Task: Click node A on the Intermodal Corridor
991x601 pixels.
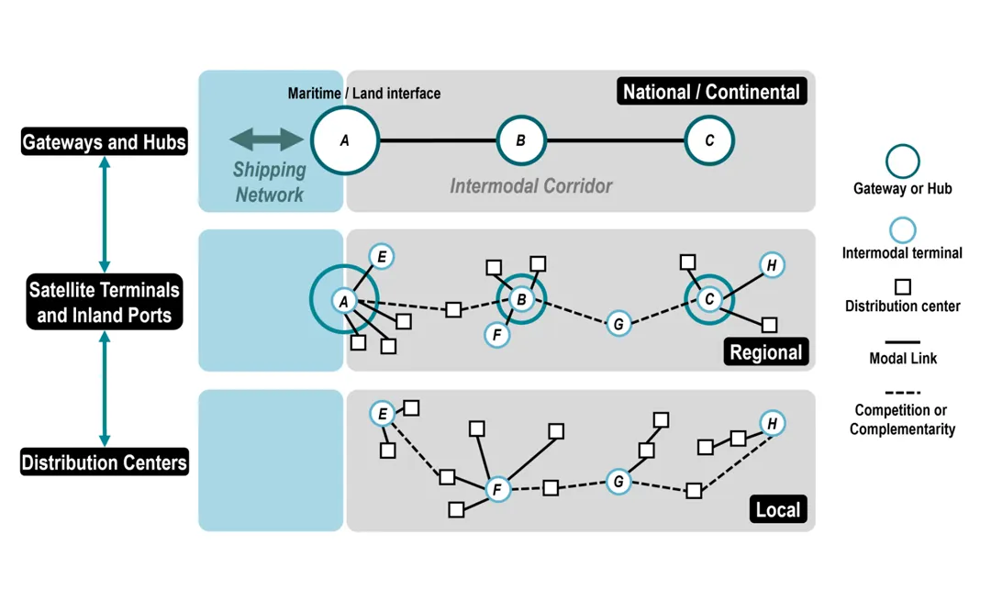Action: click(345, 141)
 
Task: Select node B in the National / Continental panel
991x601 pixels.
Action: click(521, 141)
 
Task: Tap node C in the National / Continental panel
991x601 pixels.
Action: click(709, 141)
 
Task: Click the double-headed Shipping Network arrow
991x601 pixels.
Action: click(266, 139)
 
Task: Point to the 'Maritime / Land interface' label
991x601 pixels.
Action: click(364, 94)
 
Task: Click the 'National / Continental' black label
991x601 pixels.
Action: click(711, 92)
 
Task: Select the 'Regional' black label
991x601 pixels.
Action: click(765, 352)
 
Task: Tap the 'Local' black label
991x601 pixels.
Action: click(777, 509)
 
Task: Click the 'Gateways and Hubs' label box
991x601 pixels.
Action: click(104, 142)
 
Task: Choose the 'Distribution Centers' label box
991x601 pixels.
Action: click(104, 462)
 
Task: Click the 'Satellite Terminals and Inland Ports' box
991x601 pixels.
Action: click(104, 303)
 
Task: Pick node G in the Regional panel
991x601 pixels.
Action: click(619, 323)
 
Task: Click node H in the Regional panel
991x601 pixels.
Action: click(772, 266)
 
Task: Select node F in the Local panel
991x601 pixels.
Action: click(497, 489)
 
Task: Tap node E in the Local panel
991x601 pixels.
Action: click(382, 414)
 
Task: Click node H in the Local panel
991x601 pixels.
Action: click(773, 423)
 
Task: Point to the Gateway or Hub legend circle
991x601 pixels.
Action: click(902, 161)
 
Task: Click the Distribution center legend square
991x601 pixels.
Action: click(902, 286)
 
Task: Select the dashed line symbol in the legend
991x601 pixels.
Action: click(902, 393)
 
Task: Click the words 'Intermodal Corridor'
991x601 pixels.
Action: click(530, 186)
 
